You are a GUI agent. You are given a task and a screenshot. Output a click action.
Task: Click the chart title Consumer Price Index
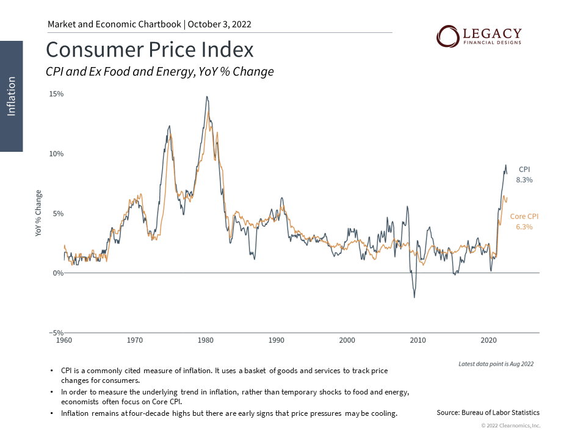click(150, 49)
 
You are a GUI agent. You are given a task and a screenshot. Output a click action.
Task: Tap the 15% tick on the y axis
click(56, 95)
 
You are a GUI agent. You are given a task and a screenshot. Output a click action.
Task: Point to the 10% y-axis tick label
click(56, 154)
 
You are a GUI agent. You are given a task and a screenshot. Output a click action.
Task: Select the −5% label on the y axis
click(56, 333)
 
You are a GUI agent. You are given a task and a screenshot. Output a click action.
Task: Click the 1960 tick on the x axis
click(64, 340)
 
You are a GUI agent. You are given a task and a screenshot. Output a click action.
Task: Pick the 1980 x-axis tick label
click(206, 340)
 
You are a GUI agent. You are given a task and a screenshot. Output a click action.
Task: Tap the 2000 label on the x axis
click(347, 340)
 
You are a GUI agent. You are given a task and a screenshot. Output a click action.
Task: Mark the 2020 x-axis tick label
click(488, 340)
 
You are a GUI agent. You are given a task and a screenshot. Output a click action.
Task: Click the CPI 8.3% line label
click(525, 174)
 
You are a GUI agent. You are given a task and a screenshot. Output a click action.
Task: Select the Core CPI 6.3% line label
click(524, 221)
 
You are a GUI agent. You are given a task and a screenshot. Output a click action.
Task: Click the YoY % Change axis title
click(39, 213)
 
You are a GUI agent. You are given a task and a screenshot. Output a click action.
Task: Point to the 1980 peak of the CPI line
click(207, 97)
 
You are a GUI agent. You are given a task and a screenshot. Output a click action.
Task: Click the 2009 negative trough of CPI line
click(414, 297)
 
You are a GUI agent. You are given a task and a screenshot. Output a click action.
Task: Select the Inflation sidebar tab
click(12, 96)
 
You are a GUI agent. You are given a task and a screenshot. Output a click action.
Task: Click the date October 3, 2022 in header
click(220, 24)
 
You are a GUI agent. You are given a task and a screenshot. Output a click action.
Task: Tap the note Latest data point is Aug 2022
click(496, 364)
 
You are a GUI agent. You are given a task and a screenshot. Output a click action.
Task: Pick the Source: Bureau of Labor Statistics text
click(488, 413)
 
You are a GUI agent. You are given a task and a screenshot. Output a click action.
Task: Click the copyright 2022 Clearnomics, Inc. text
click(510, 426)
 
